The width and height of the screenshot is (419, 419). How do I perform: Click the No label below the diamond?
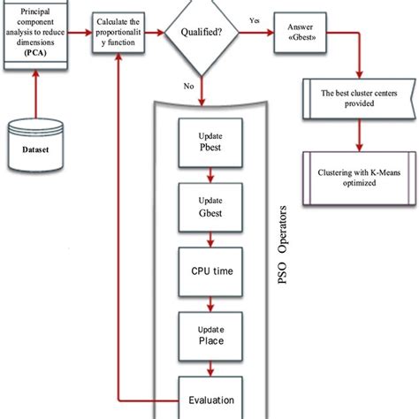point(187,87)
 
